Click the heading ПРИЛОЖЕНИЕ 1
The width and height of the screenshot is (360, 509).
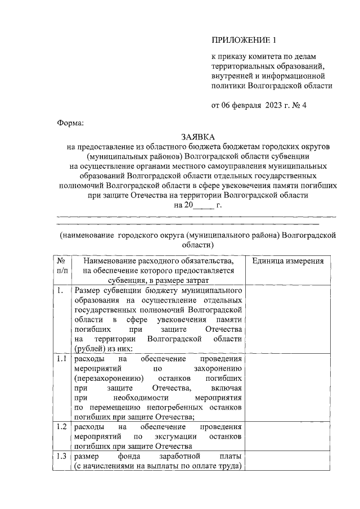(x=244, y=40)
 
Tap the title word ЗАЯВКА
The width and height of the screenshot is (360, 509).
(x=197, y=137)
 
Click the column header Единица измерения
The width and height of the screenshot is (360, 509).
(x=288, y=261)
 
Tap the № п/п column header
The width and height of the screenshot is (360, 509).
(x=61, y=266)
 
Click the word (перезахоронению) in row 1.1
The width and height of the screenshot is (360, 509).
(x=105, y=379)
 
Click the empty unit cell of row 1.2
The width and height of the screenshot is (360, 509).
(x=288, y=436)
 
